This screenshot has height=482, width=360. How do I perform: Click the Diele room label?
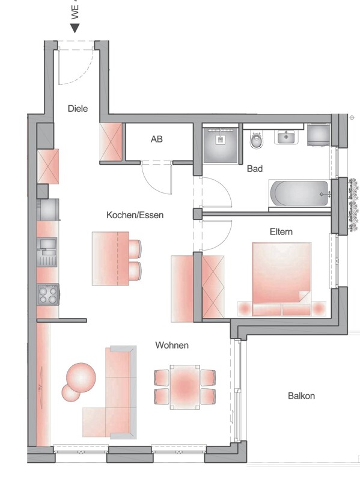[78, 109]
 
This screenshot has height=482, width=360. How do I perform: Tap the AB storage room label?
[156, 139]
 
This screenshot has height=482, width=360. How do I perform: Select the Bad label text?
[255, 169]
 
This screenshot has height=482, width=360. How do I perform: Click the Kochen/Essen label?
[135, 215]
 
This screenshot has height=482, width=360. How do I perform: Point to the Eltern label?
[281, 231]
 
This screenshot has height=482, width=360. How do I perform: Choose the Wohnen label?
[172, 345]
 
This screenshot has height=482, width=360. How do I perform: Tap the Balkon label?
[301, 396]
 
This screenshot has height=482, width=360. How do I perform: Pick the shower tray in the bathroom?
[221, 144]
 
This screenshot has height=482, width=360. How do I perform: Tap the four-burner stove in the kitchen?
[48, 294]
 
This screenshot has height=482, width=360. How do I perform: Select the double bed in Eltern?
[282, 278]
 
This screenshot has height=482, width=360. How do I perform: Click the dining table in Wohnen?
[185, 386]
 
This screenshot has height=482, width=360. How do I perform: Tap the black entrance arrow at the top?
[75, 26]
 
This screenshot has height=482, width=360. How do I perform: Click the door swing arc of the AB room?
[157, 179]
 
